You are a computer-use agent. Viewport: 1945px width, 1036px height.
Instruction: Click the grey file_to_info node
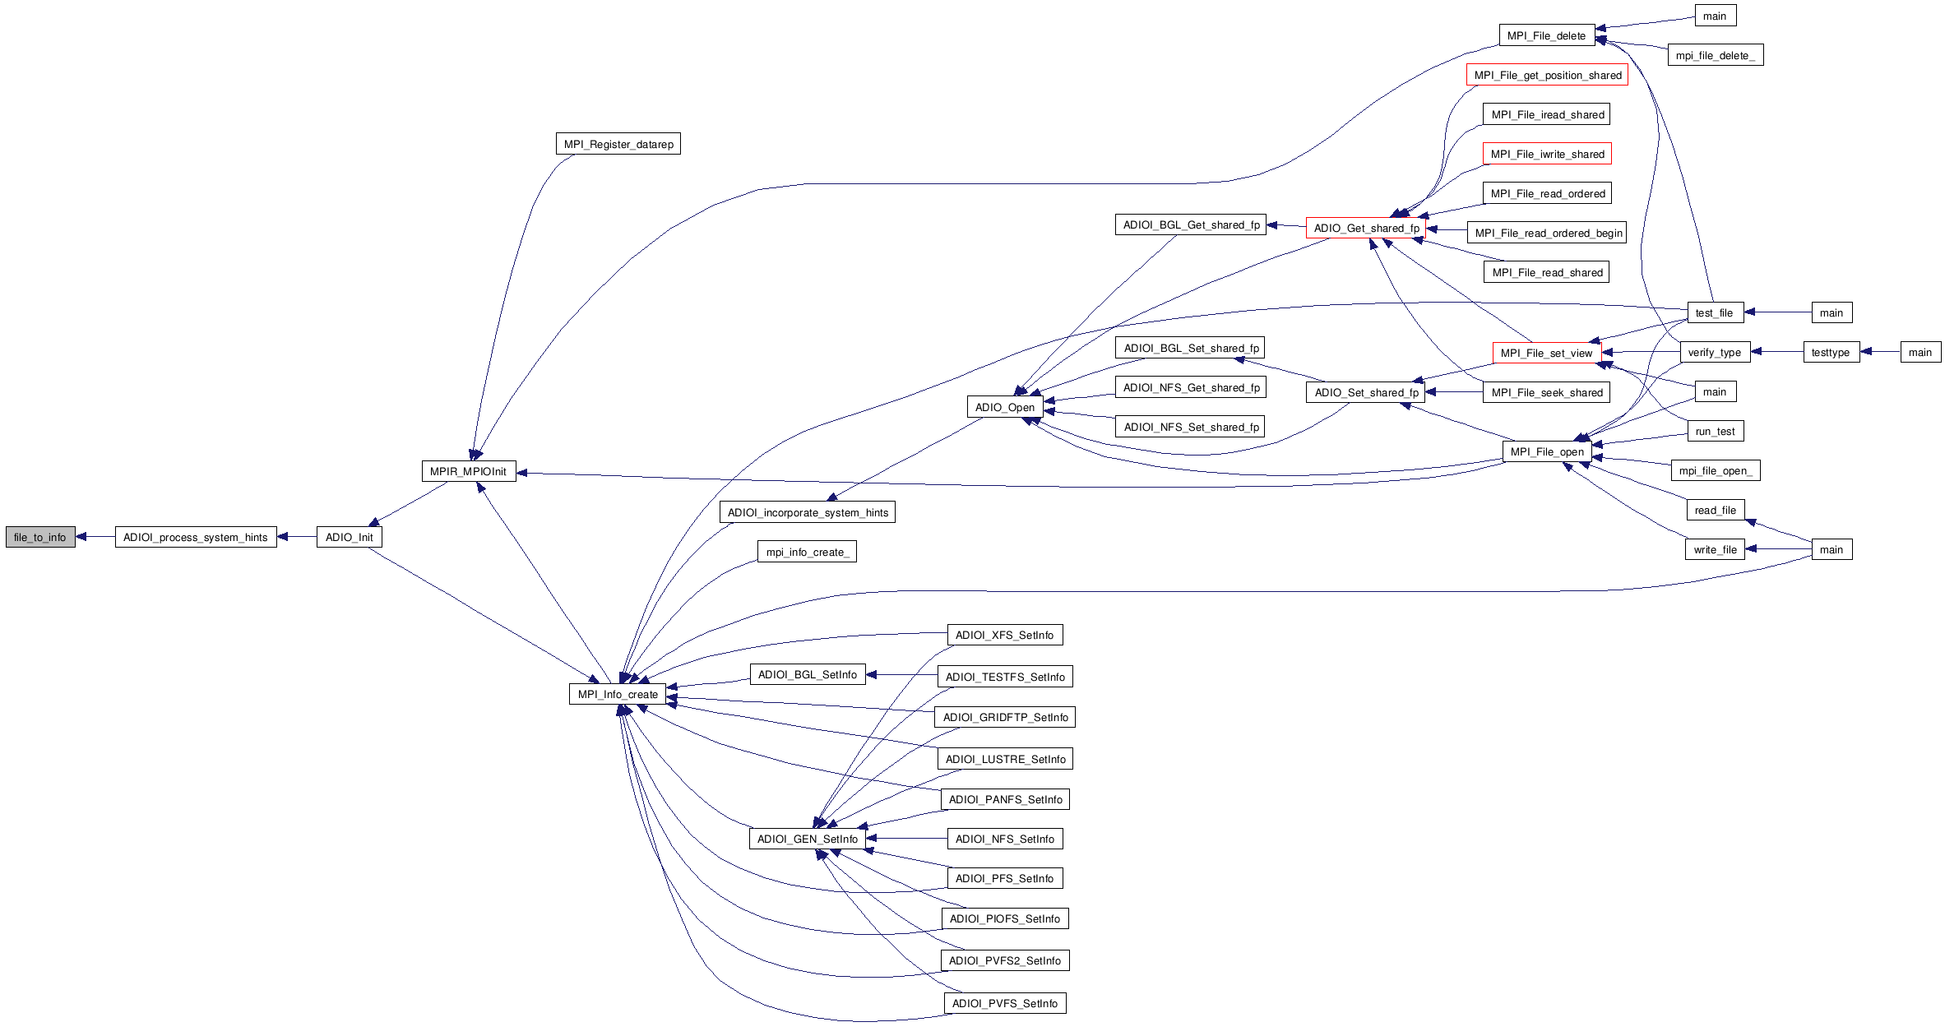pos(40,538)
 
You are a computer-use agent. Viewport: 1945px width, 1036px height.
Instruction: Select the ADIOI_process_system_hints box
pos(196,538)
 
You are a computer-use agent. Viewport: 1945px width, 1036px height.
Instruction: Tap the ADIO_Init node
pos(349,538)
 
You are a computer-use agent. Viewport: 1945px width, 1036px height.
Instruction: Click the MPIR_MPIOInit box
pos(468,472)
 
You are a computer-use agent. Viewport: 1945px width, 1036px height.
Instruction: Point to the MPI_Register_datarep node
pos(618,145)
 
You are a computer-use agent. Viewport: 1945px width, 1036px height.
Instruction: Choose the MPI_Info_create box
pos(618,695)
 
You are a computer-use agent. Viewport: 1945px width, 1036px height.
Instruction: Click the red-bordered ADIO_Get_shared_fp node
pos(1366,229)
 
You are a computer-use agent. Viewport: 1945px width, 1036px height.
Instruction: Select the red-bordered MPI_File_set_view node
pos(1546,354)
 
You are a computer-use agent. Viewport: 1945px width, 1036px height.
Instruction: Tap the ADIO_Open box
pos(1004,408)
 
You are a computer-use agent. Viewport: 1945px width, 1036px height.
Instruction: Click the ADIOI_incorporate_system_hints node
pos(808,513)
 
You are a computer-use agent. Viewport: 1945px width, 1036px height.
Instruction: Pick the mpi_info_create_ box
pos(807,553)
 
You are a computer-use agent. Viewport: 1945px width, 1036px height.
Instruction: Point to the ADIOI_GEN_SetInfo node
pos(807,839)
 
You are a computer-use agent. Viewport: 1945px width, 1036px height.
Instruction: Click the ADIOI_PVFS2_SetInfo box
pos(1004,961)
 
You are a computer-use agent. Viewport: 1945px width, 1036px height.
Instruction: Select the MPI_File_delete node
pos(1546,36)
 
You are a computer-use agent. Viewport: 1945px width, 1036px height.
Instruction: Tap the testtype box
pos(1831,353)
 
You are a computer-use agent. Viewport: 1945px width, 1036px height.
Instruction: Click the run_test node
pos(1715,432)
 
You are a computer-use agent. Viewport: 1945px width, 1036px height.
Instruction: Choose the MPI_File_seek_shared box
pos(1547,393)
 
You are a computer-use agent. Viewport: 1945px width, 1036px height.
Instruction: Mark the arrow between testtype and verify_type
pos(1777,353)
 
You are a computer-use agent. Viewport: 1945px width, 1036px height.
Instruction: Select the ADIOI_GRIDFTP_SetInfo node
pos(1005,718)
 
